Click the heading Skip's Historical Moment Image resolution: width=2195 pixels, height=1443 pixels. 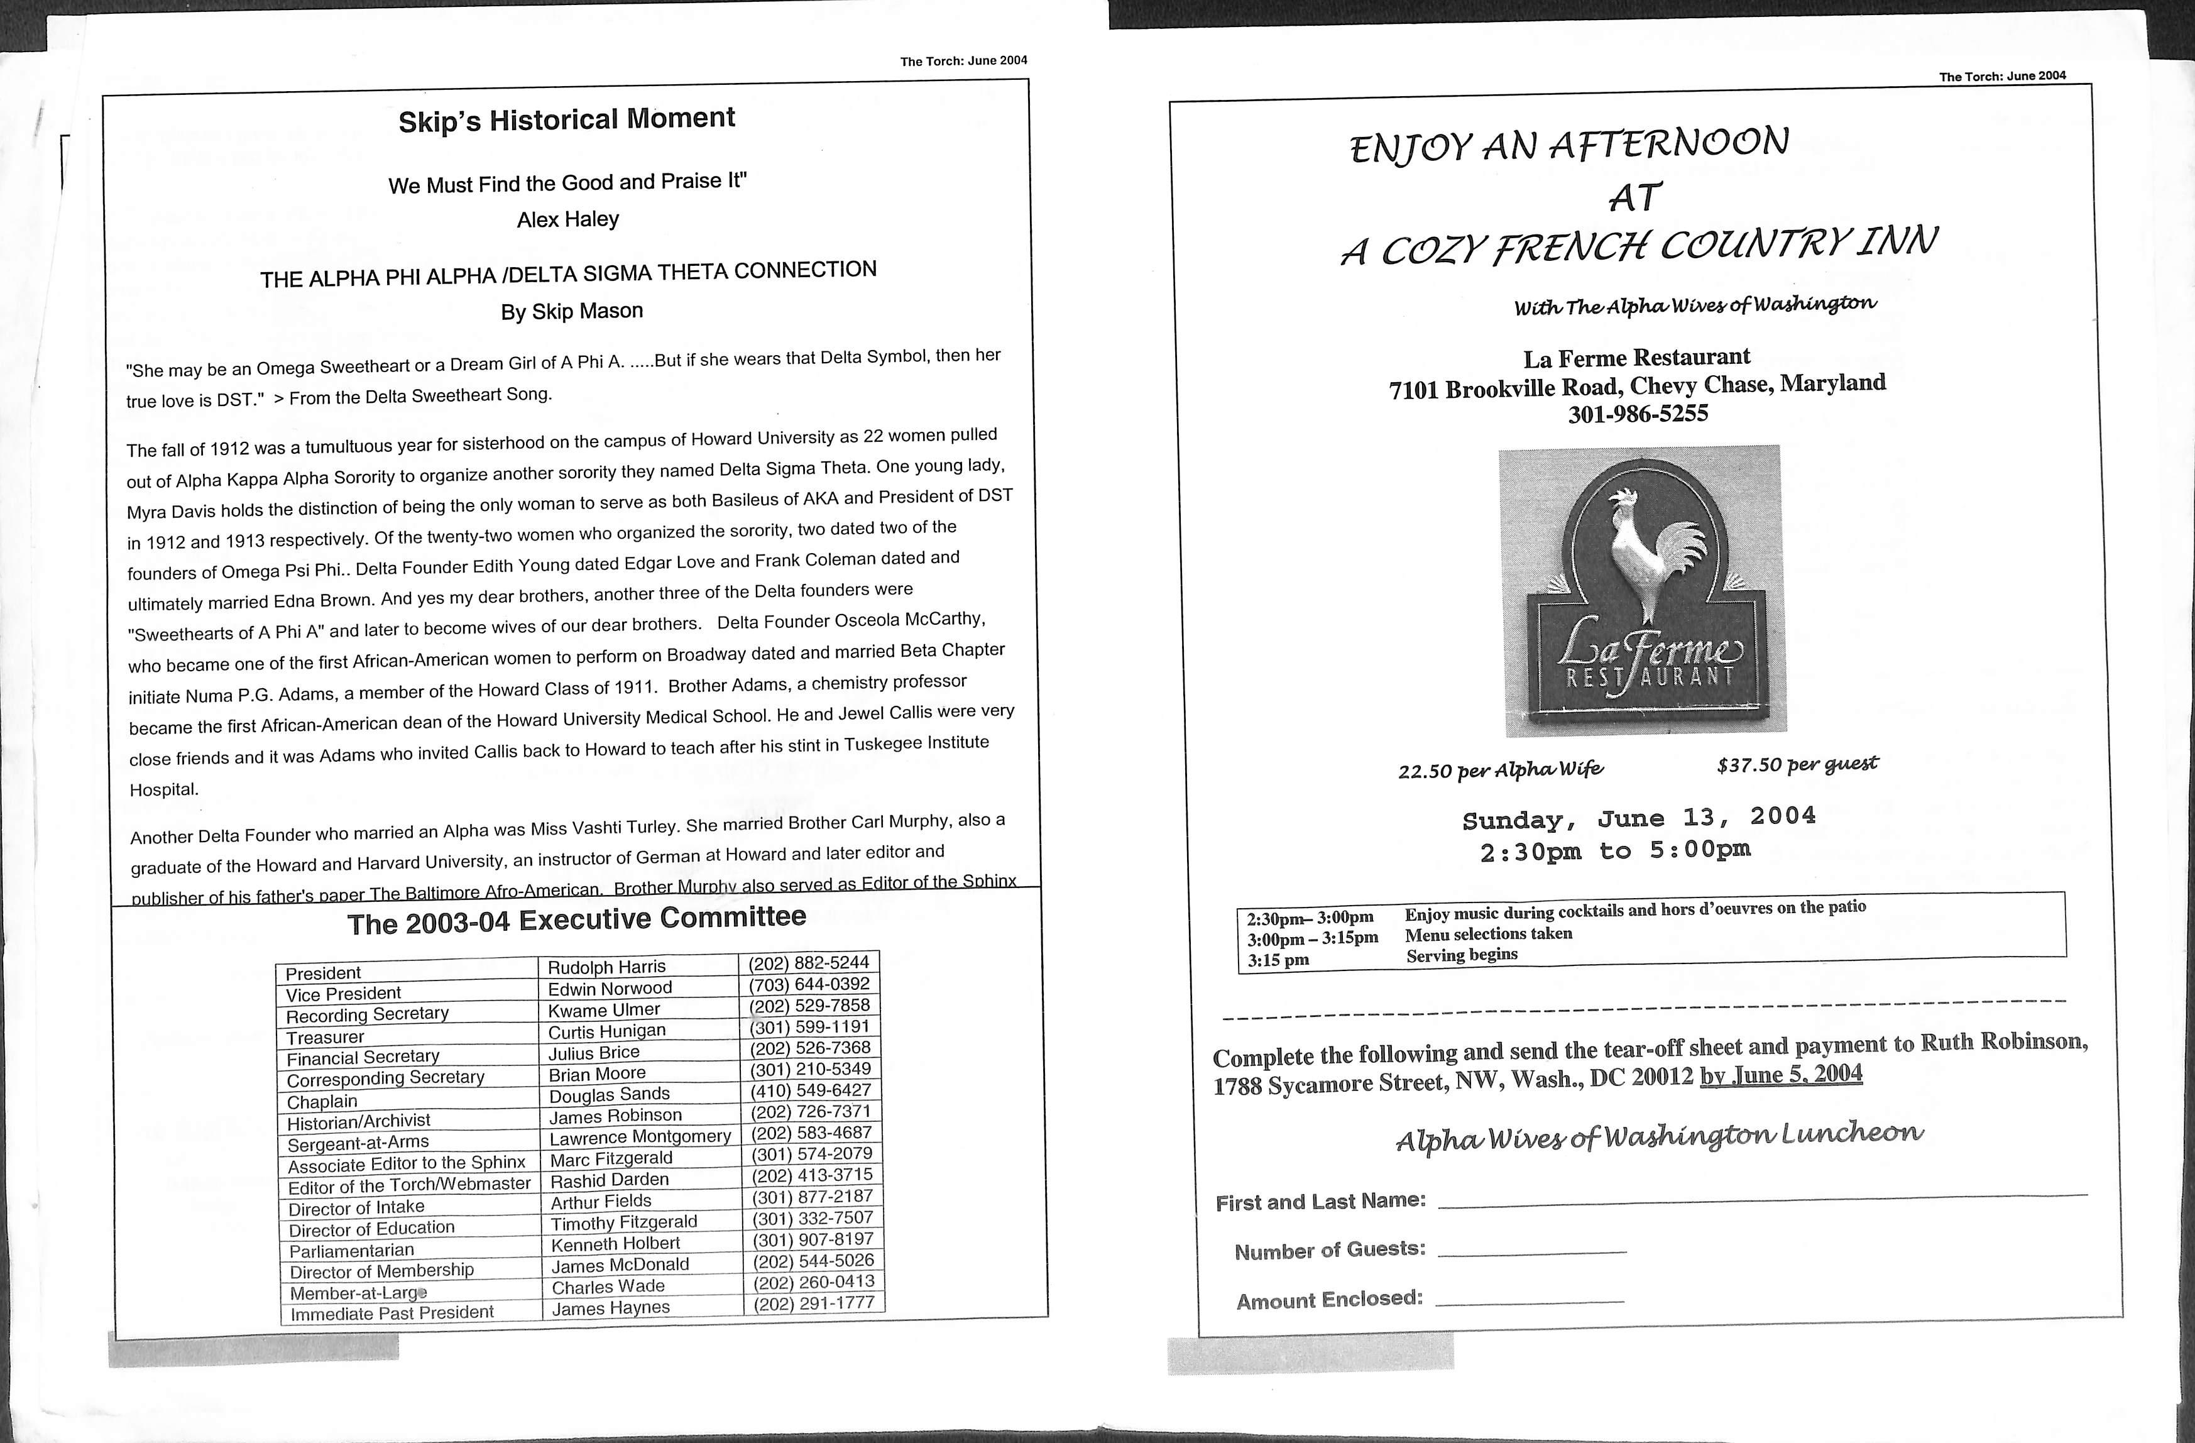[566, 120]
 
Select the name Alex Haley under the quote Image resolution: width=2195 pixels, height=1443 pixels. [567, 219]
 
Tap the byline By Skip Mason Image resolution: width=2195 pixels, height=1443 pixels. [572, 312]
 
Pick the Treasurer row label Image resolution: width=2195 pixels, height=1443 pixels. [325, 1037]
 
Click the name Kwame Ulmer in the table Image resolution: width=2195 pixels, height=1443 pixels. [604, 1009]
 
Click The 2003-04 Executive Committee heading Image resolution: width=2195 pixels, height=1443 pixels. [576, 920]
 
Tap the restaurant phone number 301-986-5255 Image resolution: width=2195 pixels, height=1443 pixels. [1638, 414]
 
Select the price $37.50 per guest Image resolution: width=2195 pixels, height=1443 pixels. [1797, 765]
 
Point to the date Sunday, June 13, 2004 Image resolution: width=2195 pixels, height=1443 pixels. [1639, 818]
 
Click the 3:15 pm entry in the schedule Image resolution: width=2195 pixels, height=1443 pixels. [1278, 960]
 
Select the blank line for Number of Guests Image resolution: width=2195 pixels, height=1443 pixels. [1532, 1252]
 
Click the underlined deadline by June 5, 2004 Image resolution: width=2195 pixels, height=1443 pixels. [1781, 1075]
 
